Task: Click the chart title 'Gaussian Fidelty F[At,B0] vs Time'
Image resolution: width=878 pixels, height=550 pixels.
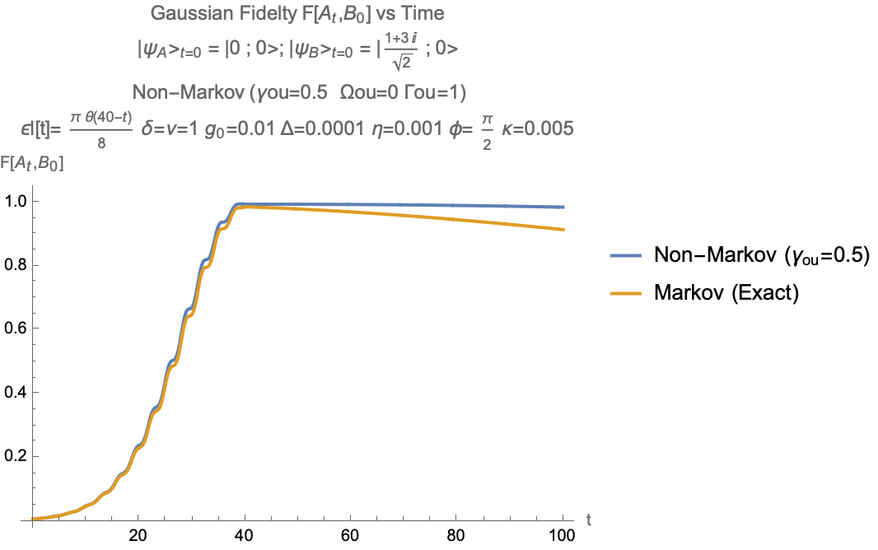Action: click(299, 13)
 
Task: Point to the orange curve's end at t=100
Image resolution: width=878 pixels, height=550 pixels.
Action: click(563, 229)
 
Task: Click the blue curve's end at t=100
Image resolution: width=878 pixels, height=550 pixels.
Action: click(563, 207)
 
